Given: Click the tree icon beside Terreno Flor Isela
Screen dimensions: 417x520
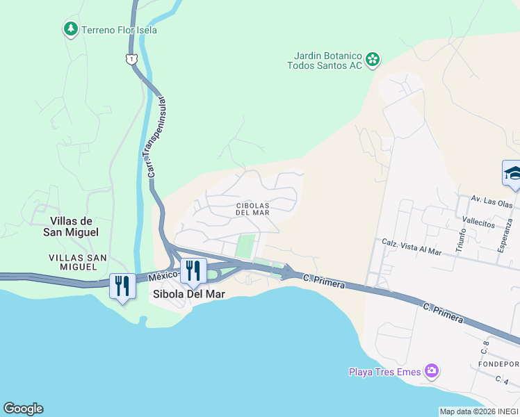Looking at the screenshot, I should point(70,29).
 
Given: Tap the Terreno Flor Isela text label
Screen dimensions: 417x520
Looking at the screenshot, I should point(119,30).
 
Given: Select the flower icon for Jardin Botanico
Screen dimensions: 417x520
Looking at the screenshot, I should point(373,60).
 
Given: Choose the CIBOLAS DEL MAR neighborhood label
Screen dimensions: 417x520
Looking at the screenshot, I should point(252,209).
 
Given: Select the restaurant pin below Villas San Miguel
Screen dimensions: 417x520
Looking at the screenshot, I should point(122,286).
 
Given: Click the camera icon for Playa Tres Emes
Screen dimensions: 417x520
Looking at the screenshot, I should point(432,371).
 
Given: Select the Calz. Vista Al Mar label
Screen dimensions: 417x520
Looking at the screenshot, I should point(412,247).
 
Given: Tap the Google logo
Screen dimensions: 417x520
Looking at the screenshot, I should point(23,409).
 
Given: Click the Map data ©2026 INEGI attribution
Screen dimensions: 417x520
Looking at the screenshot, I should point(479,411).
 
